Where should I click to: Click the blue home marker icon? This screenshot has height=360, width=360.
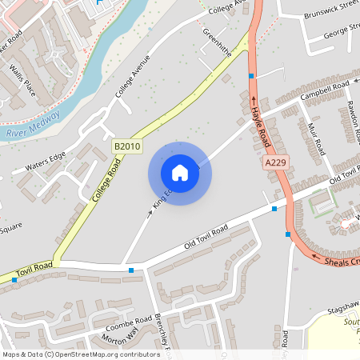(180, 173)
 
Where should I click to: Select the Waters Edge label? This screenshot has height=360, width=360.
(45, 162)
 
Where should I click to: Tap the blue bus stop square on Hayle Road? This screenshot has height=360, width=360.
(252, 76)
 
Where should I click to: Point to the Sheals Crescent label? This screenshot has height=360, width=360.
(341, 262)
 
